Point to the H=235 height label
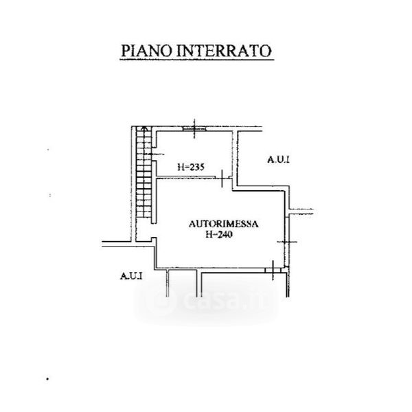coord(190,166)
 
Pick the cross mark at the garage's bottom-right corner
coord(274,268)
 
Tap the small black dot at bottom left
coord(48,378)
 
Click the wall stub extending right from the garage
coord(301,212)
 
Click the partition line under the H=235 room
coord(189,179)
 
